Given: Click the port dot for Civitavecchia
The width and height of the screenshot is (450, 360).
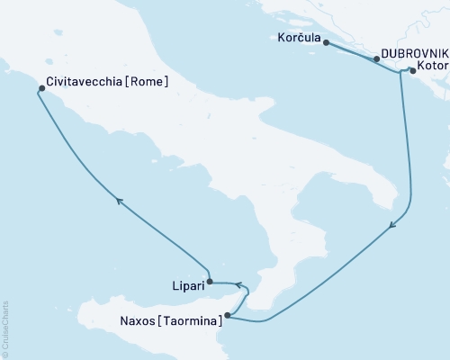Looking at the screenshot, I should [41, 88].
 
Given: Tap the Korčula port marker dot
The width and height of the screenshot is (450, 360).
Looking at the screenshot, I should [326, 42].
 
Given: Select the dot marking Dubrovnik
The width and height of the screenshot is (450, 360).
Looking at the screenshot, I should [376, 58].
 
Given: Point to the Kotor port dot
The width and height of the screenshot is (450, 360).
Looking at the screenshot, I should [412, 69].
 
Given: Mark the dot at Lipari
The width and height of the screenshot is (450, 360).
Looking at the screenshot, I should [210, 282].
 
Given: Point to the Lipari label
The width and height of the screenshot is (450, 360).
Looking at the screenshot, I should [185, 285].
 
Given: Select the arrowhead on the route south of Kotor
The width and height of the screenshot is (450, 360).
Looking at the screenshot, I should [392, 229].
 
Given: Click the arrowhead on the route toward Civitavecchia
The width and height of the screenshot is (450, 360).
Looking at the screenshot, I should [118, 200].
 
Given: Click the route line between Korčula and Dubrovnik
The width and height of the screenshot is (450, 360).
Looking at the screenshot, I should [351, 51].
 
